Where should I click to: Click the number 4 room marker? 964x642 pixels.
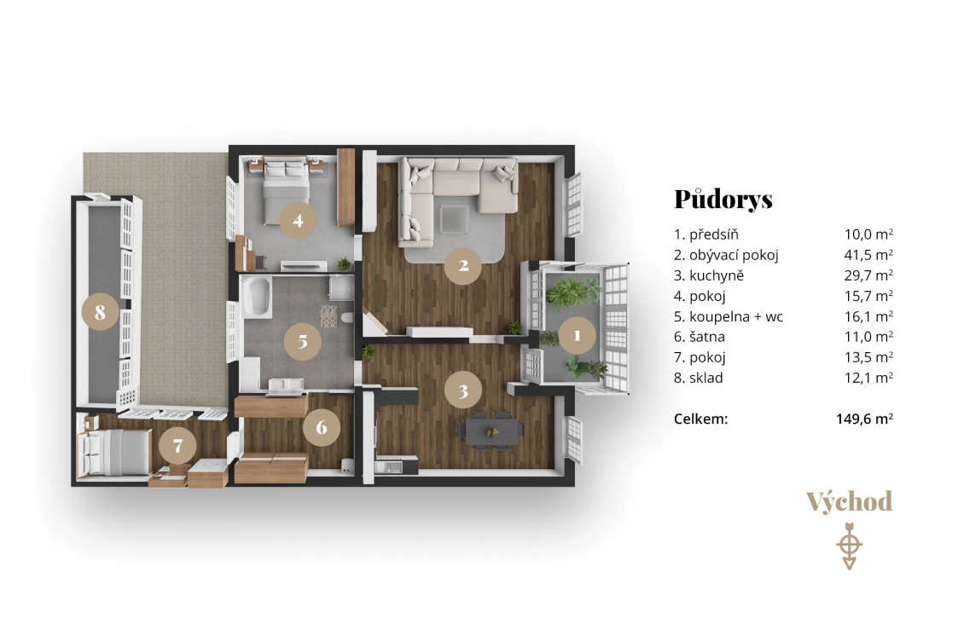pyautogui.click(x=299, y=221)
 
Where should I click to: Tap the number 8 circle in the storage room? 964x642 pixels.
pyautogui.click(x=100, y=312)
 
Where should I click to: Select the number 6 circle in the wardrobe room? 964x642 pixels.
pyautogui.click(x=322, y=427)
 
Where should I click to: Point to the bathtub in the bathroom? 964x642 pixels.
pyautogui.click(x=258, y=298)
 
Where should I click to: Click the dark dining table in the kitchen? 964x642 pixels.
pyautogui.click(x=491, y=431)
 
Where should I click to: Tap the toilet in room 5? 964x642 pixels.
pyautogui.click(x=347, y=318)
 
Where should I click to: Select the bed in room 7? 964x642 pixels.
pyautogui.click(x=114, y=452)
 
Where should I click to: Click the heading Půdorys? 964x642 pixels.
pyautogui.click(x=723, y=199)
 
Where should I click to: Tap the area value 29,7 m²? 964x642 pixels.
pyautogui.click(x=868, y=275)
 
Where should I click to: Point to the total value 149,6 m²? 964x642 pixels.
pyautogui.click(x=864, y=419)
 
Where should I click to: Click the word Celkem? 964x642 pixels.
pyautogui.click(x=701, y=419)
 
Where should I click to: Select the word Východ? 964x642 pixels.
pyautogui.click(x=849, y=502)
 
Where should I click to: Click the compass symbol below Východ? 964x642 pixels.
pyautogui.click(x=850, y=546)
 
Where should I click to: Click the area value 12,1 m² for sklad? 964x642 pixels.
pyautogui.click(x=868, y=377)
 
